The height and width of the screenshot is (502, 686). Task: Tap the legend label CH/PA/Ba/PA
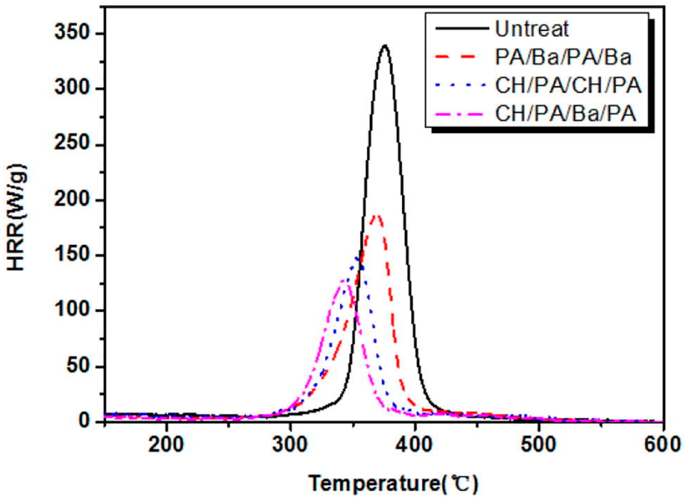pyautogui.click(x=566, y=115)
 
